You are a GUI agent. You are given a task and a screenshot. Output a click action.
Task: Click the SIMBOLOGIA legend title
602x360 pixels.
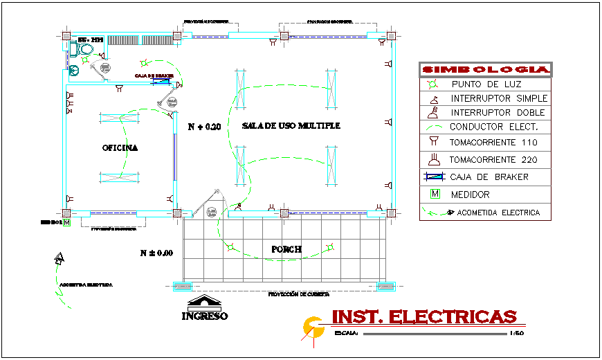pos(485,70)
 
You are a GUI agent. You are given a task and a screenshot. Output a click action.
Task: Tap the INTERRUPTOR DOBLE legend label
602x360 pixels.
pos(498,112)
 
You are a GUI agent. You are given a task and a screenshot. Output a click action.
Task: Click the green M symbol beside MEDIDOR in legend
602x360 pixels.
pos(435,194)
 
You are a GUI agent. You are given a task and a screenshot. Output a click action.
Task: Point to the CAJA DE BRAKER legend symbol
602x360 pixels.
pos(434,177)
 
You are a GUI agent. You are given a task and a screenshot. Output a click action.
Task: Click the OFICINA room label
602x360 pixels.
pos(120,148)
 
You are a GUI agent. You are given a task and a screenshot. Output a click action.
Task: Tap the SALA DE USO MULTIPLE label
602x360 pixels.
pos(291,126)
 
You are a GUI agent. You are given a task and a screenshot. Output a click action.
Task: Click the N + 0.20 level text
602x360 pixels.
pos(204,127)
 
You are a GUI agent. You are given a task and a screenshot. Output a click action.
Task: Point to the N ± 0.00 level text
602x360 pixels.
pos(156,253)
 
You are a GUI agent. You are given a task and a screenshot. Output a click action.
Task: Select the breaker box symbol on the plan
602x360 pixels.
pos(163,83)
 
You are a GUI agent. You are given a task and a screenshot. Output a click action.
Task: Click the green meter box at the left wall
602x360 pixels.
pos(67,222)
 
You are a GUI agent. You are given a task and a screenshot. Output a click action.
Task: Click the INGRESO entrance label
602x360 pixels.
pos(205,316)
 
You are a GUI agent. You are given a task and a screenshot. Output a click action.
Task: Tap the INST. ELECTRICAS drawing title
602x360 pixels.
pos(424,317)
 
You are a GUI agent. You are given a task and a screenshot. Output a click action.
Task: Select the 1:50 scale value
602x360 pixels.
pos(516,334)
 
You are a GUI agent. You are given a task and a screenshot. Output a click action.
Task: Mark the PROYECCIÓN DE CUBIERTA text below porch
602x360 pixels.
pos(298,294)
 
